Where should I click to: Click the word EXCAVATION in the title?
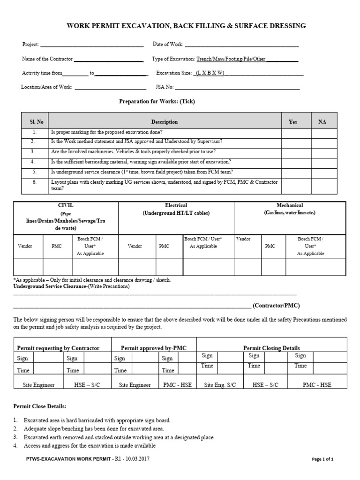tap(145, 26)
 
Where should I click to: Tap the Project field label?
tap(31, 45)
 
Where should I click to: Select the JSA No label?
tap(165, 87)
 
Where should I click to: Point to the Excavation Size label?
tap(173, 73)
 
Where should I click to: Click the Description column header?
tap(165, 122)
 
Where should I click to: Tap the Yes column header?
tap(293, 122)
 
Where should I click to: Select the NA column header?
tap(322, 122)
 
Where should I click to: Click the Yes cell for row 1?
tap(296, 133)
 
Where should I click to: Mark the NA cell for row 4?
tap(324, 162)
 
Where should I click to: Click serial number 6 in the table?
tap(34, 181)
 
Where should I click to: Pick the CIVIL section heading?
tap(65, 205)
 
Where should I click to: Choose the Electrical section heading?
tap(176, 205)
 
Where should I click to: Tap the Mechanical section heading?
tap(290, 205)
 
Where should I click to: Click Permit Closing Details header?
tap(271, 348)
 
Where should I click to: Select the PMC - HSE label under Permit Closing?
tap(317, 385)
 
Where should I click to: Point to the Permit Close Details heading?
tap(40, 405)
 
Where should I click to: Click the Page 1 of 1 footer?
tap(322, 459)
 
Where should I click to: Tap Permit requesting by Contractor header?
tap(58, 348)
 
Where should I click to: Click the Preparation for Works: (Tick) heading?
tap(157, 101)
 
